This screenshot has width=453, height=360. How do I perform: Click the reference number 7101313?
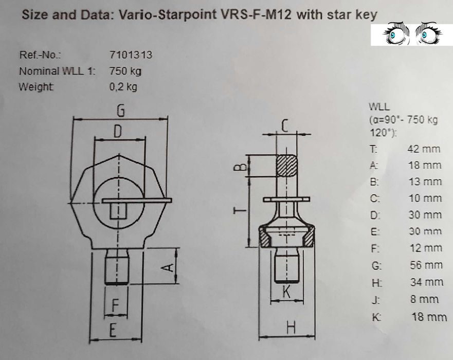pyautogui.click(x=131, y=55)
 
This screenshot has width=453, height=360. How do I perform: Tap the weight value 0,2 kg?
pyautogui.click(x=123, y=87)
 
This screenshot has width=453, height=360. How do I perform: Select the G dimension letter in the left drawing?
pyautogui.click(x=121, y=110)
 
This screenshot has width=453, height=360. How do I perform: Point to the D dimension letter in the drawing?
pyautogui.click(x=118, y=132)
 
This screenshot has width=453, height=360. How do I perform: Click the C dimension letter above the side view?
pyautogui.click(x=286, y=125)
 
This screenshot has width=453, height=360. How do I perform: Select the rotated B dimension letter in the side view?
pyautogui.click(x=238, y=167)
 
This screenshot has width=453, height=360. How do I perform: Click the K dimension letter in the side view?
pyautogui.click(x=287, y=292)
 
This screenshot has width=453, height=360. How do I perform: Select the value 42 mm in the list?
pyautogui.click(x=424, y=149)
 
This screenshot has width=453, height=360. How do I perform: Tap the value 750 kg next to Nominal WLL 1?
pyautogui.click(x=125, y=71)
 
